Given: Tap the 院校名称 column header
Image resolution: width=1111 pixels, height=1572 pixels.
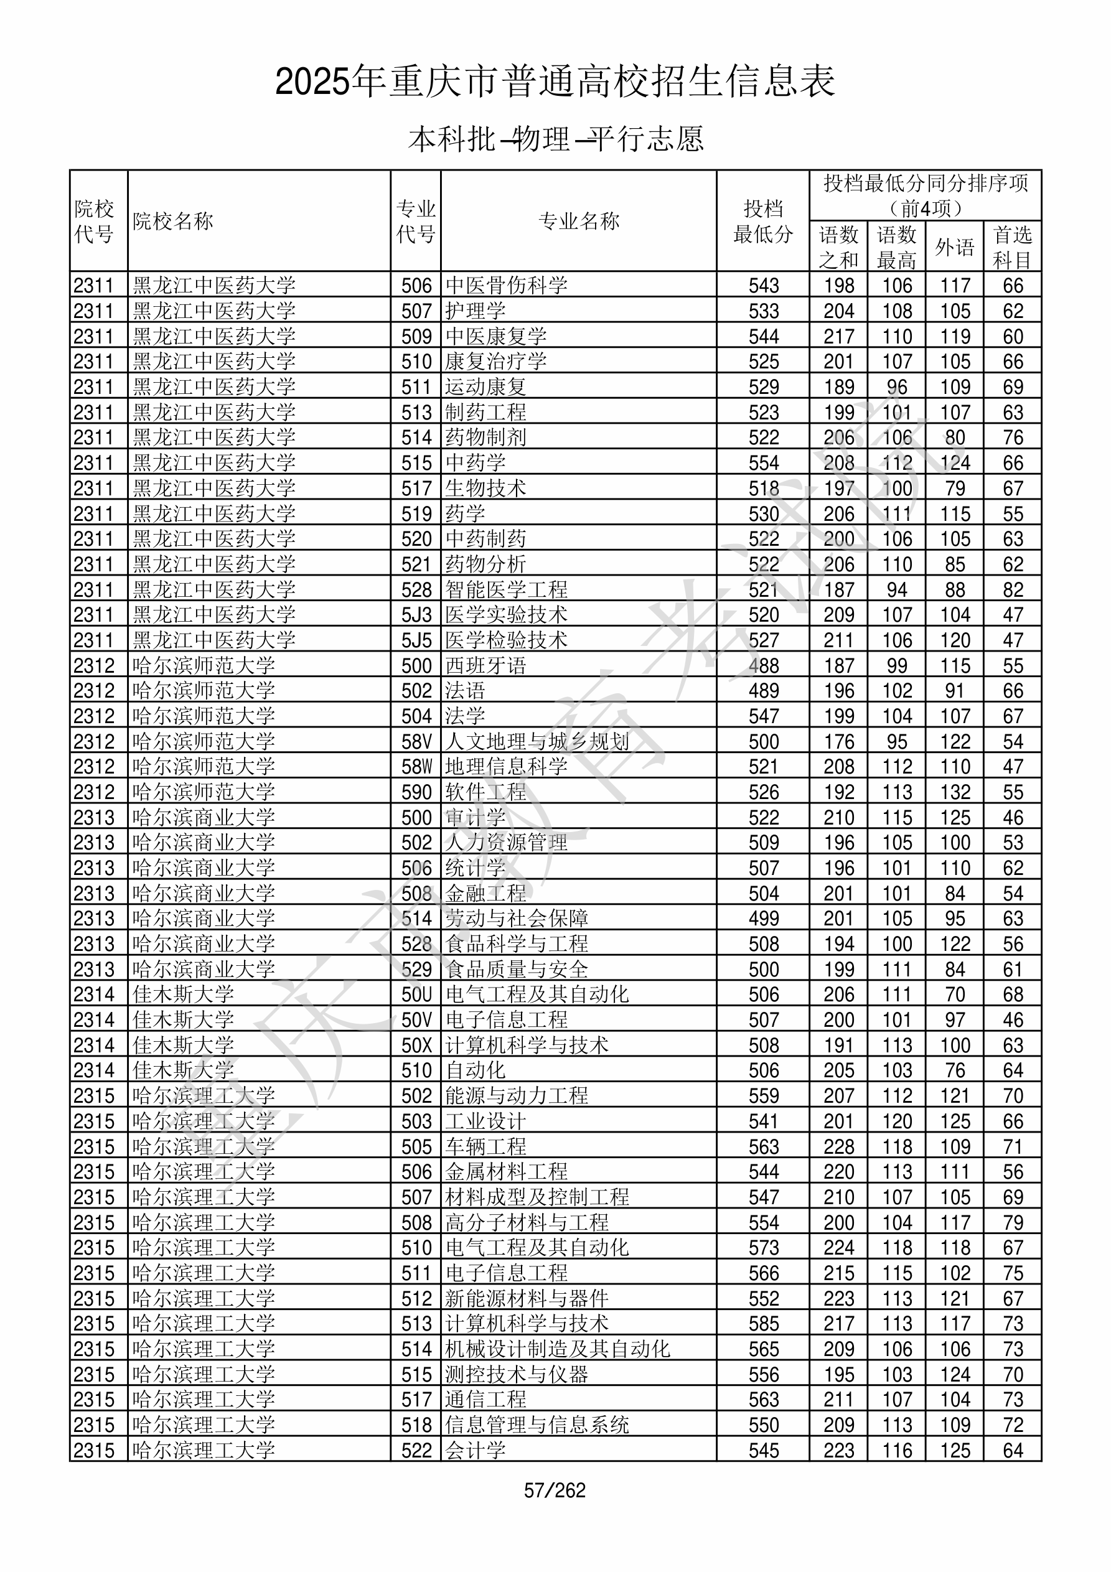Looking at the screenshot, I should (173, 221).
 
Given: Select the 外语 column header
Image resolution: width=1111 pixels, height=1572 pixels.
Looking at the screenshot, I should (955, 247).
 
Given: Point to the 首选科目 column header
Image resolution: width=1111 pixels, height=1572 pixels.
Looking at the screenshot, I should (1013, 247).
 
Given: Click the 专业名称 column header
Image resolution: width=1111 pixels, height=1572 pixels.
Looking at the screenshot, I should (579, 221).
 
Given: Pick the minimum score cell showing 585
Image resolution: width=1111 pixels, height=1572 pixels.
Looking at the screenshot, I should (763, 1324).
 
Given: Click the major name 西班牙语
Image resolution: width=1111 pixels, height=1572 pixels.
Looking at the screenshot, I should (485, 665).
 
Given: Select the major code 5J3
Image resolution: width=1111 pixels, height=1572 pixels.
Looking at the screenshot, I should (416, 615).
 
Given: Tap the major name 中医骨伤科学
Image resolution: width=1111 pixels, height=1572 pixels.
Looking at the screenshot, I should (506, 286).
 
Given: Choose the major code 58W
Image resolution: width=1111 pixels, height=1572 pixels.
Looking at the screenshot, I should (416, 766).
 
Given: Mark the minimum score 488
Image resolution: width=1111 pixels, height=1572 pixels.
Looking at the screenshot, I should (763, 665).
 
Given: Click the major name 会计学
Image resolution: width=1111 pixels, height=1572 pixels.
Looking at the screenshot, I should (476, 1450).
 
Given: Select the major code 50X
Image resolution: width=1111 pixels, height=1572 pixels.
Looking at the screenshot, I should (416, 1045).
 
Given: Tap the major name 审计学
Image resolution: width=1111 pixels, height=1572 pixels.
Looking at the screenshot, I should (476, 818).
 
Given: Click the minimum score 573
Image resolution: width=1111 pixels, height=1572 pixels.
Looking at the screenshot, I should (763, 1248).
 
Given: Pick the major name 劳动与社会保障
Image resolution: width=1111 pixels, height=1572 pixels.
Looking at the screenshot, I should (517, 918).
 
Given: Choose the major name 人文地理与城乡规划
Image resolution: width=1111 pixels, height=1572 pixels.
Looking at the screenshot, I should (537, 741).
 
